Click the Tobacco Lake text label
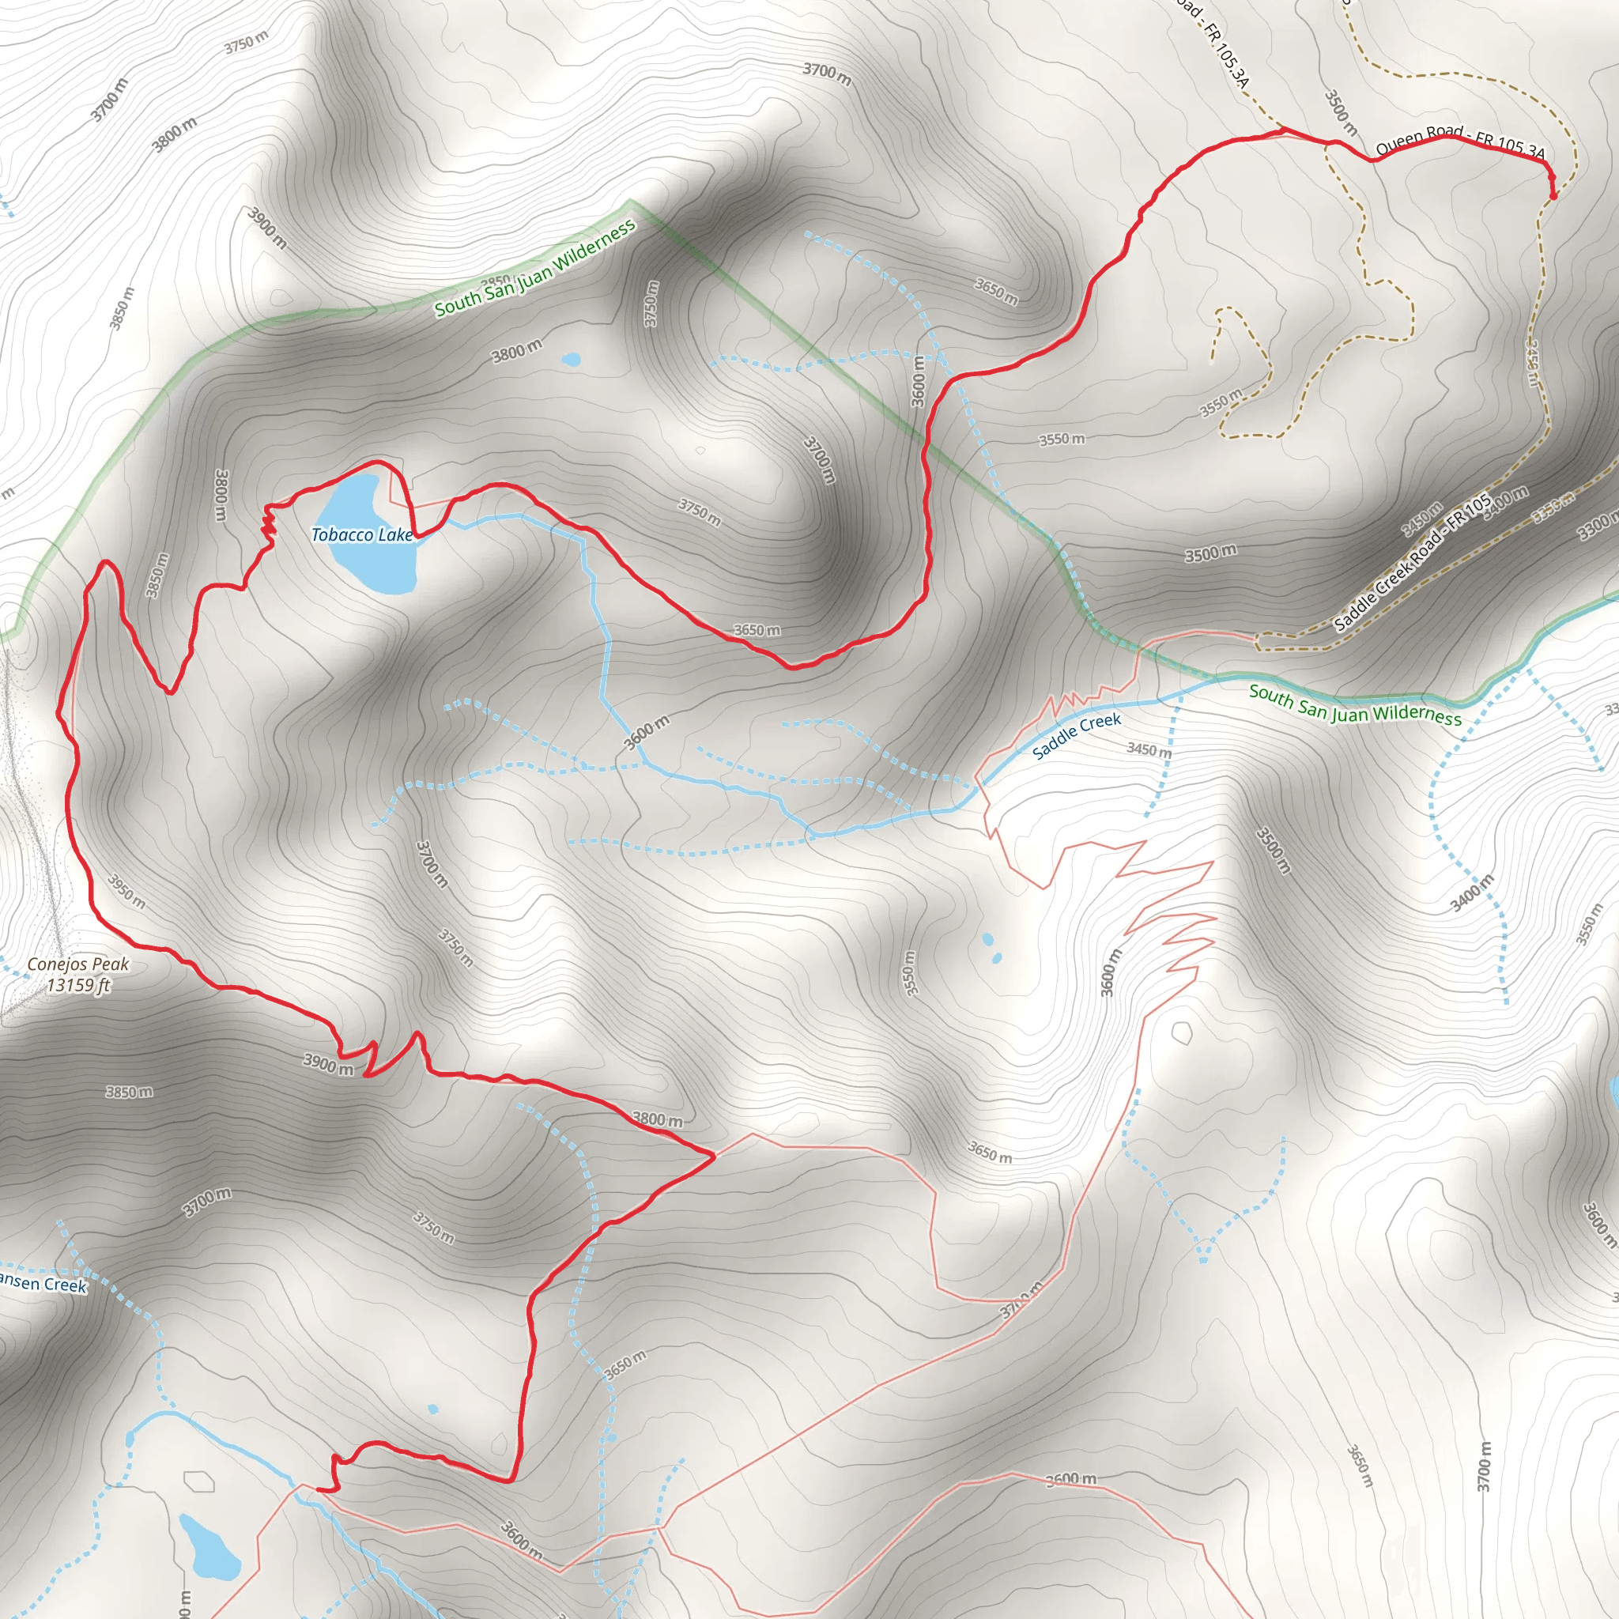362,534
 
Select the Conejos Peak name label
78,964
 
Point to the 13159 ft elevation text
78,986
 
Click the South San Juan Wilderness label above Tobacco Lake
534,268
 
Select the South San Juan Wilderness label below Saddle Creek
1354,704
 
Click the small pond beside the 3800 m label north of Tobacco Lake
571,360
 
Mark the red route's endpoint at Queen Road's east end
1553,196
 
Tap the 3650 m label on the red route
757,630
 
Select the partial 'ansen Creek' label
42,1283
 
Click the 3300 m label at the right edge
1596,528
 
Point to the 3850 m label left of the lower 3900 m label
129,1092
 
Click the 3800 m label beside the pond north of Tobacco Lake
516,351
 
